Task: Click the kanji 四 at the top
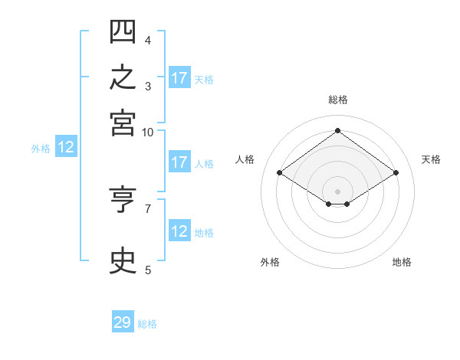(123, 31)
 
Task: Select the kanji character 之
(123, 77)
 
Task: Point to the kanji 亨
(123, 199)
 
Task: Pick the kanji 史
(123, 260)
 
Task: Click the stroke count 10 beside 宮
(147, 133)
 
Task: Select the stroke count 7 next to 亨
(148, 209)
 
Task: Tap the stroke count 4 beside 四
(148, 40)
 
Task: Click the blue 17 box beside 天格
(179, 77)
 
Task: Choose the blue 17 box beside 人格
(179, 162)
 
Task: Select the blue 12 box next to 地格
(179, 230)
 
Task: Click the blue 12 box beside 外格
(66, 146)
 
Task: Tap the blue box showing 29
(123, 321)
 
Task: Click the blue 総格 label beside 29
(147, 324)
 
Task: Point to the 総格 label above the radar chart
(338, 100)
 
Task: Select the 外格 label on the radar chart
(270, 262)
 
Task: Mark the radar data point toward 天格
(396, 172)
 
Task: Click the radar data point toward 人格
(280, 172)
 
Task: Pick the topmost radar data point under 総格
(337, 130)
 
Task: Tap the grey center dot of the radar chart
(337, 191)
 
